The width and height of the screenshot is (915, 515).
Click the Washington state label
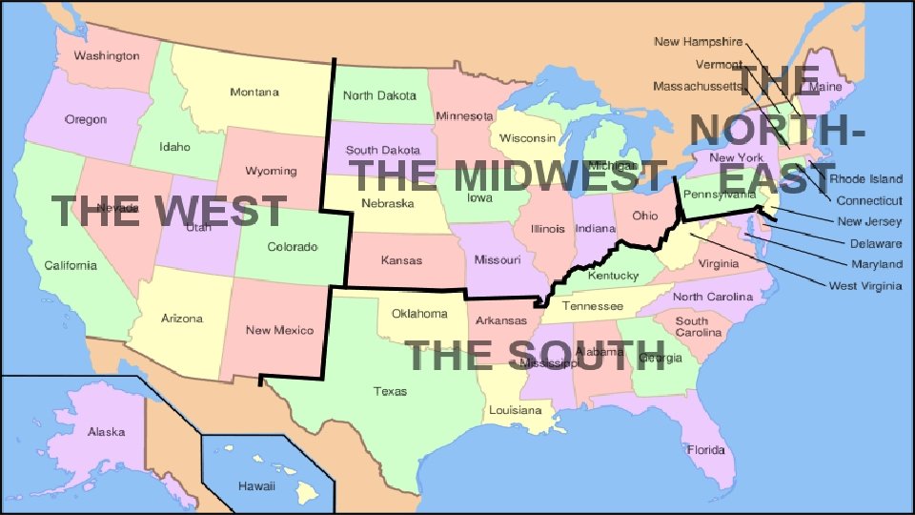click(x=107, y=56)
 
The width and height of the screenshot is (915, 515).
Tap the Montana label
click(x=254, y=93)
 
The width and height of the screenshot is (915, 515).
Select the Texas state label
click(x=390, y=391)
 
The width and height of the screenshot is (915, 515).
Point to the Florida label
click(x=706, y=448)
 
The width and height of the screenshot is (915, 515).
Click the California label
click(x=71, y=265)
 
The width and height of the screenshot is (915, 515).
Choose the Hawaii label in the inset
click(x=256, y=486)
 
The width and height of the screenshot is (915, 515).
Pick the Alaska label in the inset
click(x=107, y=432)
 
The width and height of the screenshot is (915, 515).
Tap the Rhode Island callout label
click(x=865, y=179)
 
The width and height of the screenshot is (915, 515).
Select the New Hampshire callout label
click(x=698, y=42)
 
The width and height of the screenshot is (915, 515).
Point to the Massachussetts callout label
click(x=698, y=86)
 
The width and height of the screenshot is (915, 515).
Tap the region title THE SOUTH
click(x=537, y=355)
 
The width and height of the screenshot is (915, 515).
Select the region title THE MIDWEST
click(x=508, y=175)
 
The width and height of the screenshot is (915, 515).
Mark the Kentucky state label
click(x=613, y=276)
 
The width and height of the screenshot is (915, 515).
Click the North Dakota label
click(x=379, y=95)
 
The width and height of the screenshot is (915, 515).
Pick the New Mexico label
click(x=279, y=330)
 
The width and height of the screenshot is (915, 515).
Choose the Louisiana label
click(x=515, y=410)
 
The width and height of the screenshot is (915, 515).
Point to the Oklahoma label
click(x=419, y=313)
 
